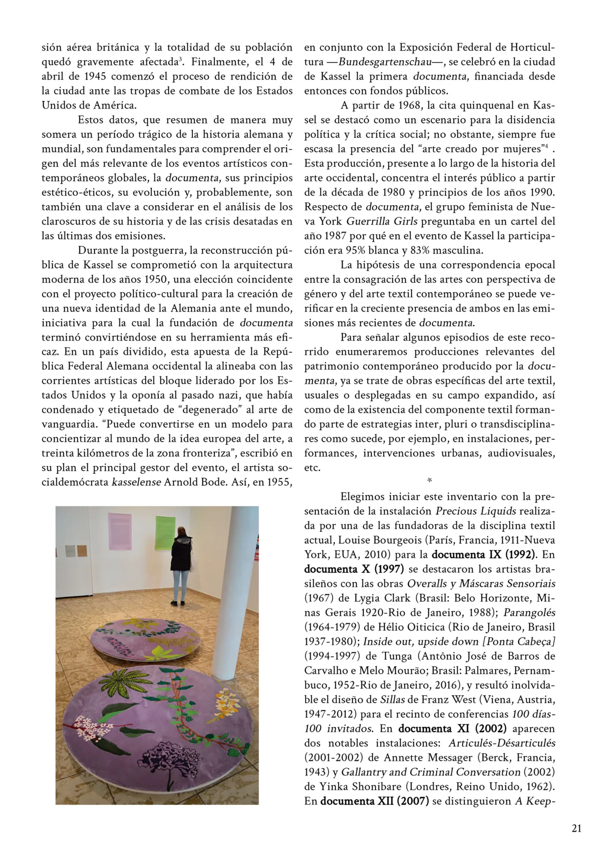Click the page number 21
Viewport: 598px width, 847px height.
tap(576, 828)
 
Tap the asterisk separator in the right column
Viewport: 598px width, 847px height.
tap(429, 481)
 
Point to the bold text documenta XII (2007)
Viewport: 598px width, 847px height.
tap(374, 801)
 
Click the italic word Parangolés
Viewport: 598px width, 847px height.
tap(529, 612)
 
